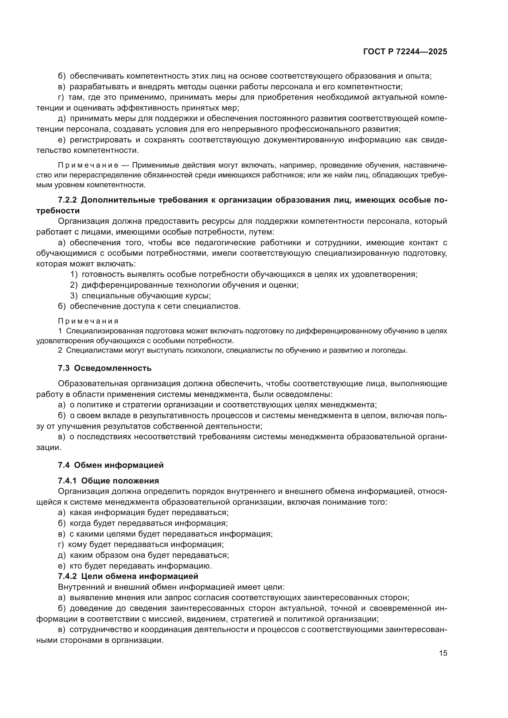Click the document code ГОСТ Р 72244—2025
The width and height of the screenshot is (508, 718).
(405, 52)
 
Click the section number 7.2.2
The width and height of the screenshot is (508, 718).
(68, 200)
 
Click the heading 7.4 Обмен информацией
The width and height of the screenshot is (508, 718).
(111, 465)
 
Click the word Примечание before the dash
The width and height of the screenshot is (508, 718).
(88, 165)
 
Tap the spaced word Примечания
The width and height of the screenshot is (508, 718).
(88, 321)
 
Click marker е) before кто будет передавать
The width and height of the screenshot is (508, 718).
(62, 566)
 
